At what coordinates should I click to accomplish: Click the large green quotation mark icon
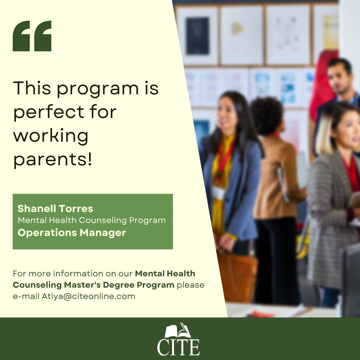(32, 36)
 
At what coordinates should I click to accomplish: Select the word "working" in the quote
(51, 136)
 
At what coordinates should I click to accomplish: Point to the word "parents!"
(53, 160)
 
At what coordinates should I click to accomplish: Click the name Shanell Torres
(55, 208)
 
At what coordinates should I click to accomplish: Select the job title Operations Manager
(72, 233)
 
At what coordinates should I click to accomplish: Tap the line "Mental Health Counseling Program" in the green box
(92, 220)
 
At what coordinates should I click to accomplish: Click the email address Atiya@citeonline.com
(88, 296)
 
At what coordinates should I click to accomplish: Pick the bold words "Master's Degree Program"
(119, 285)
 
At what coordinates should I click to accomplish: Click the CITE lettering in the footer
(178, 347)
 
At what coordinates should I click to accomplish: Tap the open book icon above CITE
(178, 330)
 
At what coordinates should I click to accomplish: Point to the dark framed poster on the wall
(197, 36)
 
